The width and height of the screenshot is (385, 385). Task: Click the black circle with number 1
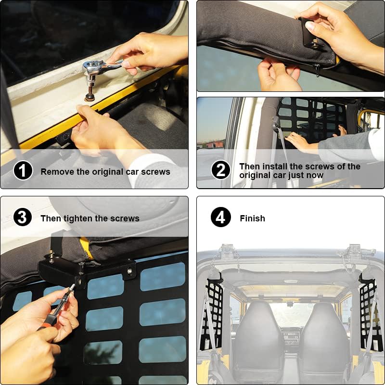coord(23,171)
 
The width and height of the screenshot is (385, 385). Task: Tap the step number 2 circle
coord(220,170)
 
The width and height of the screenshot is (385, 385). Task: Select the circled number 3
coord(23,218)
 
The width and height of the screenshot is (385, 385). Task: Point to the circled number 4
coord(220,218)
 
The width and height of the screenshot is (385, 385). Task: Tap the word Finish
coord(252,218)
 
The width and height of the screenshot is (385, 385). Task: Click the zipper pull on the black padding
coord(317,70)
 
